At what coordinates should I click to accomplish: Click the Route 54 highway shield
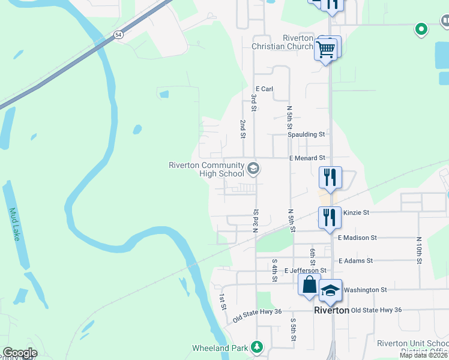click(x=119, y=34)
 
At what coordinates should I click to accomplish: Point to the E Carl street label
click(x=264, y=89)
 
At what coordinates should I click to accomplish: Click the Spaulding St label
click(x=306, y=134)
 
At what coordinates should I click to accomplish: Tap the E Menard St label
click(x=307, y=158)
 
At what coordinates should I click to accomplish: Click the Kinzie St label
click(x=357, y=212)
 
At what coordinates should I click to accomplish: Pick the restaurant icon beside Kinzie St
click(x=329, y=216)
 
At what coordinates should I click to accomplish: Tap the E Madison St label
click(x=357, y=238)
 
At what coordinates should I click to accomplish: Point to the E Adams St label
click(x=355, y=261)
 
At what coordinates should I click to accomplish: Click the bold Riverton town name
click(x=332, y=310)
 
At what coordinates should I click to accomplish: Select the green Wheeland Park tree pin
click(x=257, y=347)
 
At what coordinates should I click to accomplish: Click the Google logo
click(x=20, y=353)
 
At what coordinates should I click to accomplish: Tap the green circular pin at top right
click(x=421, y=28)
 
